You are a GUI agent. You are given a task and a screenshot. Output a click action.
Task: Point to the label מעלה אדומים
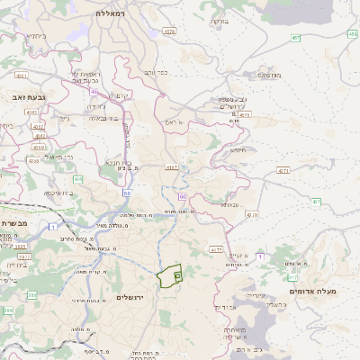tap(312, 292)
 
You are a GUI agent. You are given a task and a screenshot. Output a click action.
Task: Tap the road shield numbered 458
tap(352, 33)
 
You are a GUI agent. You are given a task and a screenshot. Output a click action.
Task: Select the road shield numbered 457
tap(295, 38)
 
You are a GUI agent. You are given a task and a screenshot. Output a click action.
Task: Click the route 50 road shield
tap(128, 193)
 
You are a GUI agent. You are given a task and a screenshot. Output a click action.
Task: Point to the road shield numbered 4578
tap(169, 31)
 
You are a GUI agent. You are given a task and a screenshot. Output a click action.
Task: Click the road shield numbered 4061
tap(22, 76)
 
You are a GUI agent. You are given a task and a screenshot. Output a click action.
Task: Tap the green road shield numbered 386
tap(8, 310)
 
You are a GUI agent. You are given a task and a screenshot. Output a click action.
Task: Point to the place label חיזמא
tap(238, 150)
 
